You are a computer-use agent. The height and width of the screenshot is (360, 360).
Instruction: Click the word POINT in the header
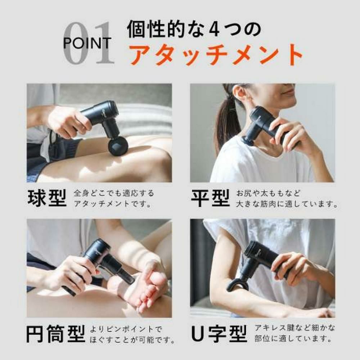click(x=87, y=43)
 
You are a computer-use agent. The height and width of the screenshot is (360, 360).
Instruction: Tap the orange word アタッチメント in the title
click(x=216, y=55)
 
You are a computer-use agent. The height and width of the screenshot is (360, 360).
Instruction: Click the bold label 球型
click(x=47, y=198)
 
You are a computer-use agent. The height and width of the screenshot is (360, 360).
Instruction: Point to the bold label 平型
click(x=211, y=198)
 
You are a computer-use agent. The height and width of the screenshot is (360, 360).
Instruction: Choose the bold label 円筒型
click(x=55, y=334)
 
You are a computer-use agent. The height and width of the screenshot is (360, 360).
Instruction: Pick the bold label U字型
click(x=219, y=334)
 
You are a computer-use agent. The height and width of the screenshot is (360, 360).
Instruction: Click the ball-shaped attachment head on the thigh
click(x=118, y=146)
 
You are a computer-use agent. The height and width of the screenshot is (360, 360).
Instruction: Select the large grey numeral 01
click(x=89, y=43)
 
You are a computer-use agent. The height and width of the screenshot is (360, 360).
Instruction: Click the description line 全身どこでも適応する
click(x=114, y=193)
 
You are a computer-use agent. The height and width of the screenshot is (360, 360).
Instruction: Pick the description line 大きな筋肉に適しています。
click(x=287, y=204)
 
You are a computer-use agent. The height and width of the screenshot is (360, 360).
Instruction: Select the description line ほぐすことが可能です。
click(x=132, y=339)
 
